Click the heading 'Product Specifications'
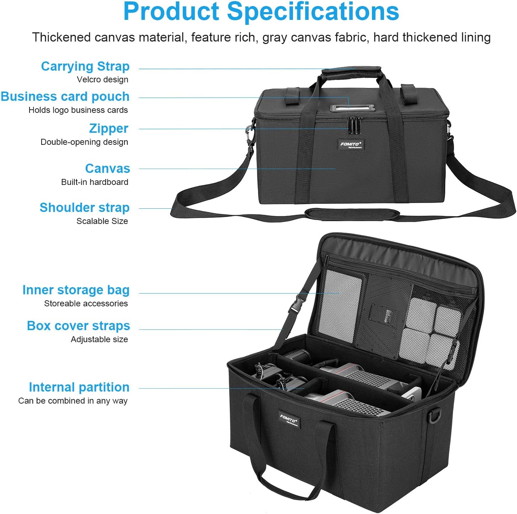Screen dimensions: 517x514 (261, 11)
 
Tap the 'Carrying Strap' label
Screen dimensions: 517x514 (85, 66)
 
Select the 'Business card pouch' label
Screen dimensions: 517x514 (65, 97)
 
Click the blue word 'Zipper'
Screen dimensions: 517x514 (108, 128)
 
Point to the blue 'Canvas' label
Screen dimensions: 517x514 (107, 169)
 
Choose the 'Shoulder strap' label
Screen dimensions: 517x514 (84, 208)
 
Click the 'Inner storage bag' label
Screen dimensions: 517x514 (76, 290)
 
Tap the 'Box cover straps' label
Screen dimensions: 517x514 (78, 326)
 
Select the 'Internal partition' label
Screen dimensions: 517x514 (79, 387)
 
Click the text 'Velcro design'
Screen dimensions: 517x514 (102, 80)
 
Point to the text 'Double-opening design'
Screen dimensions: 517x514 (84, 142)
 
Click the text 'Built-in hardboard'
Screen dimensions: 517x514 (95, 182)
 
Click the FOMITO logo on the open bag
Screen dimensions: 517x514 (289, 420)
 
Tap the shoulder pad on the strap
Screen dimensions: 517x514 (352, 214)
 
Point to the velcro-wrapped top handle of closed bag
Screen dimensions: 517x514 (351, 72)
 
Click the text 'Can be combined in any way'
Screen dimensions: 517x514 (73, 401)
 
